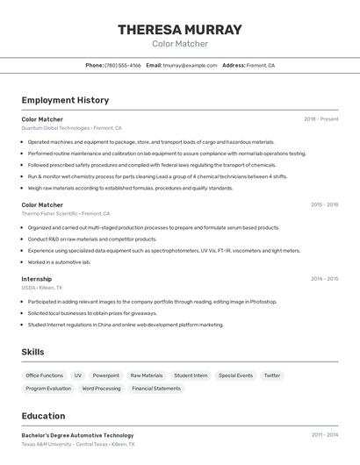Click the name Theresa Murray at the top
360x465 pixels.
180,30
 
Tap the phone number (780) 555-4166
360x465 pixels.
122,65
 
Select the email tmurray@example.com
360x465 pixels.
190,65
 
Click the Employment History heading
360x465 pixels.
65,100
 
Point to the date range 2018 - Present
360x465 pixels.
320,119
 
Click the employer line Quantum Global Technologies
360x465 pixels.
71,128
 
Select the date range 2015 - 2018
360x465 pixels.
324,204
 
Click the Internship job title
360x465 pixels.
37,279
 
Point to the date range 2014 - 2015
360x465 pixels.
324,279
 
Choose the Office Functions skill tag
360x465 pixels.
45,376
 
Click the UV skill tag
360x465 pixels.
78,376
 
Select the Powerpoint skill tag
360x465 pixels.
106,376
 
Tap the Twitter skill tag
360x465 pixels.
272,376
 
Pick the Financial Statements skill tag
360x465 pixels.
156,388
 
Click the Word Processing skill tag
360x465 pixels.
102,388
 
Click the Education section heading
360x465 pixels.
44,416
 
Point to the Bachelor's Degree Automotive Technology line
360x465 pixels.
77,435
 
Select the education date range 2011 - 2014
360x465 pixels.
324,435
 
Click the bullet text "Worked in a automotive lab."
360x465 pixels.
59,261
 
